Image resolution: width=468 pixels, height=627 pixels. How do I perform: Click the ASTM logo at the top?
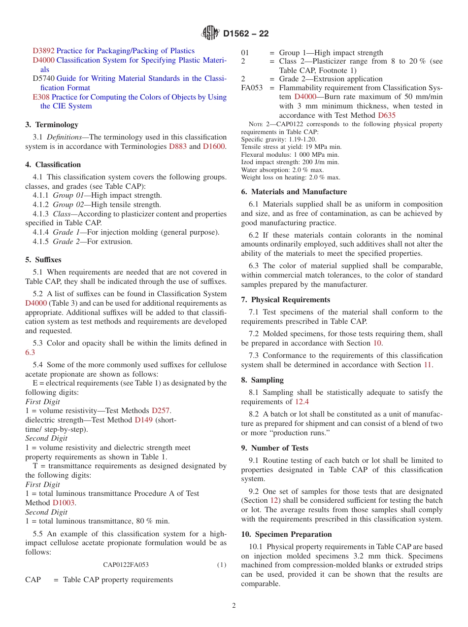[211, 34]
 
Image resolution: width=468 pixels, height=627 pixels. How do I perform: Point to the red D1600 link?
[214, 146]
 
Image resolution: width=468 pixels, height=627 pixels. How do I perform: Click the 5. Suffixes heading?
[43, 259]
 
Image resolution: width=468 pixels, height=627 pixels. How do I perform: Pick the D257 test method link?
[161, 411]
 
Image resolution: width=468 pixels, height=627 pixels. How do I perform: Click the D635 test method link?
[387, 115]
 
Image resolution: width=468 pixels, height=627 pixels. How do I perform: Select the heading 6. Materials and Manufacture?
[294, 192]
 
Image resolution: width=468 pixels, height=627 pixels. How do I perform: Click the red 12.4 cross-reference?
[302, 402]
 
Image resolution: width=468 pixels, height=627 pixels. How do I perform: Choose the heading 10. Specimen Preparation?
[286, 534]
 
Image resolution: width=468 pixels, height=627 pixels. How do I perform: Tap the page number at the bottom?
[234, 606]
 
